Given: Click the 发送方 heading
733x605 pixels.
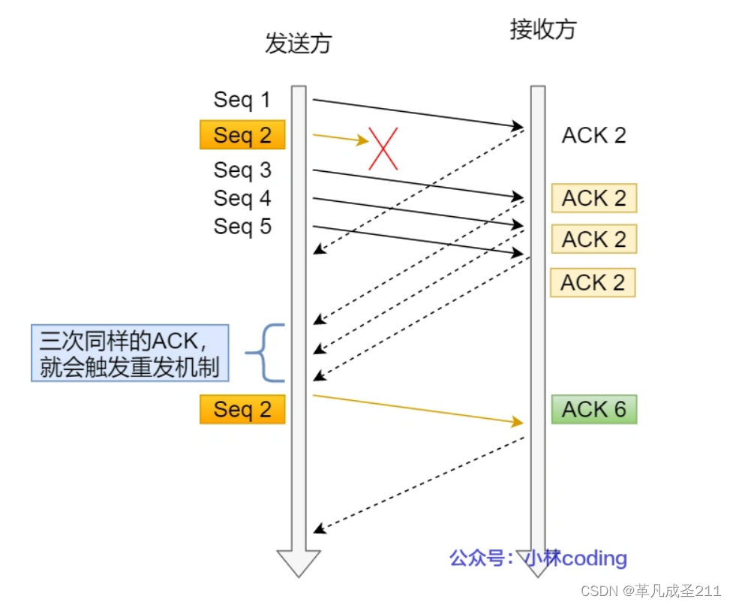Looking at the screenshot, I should click(298, 44).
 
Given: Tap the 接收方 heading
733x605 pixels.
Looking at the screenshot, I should click(543, 29).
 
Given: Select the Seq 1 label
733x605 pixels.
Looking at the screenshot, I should click(242, 100).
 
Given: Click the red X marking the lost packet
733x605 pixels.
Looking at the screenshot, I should click(383, 148).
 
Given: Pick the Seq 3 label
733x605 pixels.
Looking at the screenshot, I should click(242, 170).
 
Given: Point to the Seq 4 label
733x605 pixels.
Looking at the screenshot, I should click(242, 198).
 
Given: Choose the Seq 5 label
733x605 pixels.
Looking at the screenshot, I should click(242, 226).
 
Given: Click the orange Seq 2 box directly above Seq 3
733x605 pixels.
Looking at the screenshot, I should click(242, 135).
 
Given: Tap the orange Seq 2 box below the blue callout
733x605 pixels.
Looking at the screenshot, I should click(242, 410).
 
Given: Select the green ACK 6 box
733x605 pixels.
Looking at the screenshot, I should click(593, 409).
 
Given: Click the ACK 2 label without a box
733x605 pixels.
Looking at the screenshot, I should click(593, 135).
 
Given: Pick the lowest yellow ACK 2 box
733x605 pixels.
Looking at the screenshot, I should click(593, 283).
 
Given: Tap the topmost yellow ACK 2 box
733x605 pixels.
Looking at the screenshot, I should click(593, 198).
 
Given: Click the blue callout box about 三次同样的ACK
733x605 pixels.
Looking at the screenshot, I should click(130, 353).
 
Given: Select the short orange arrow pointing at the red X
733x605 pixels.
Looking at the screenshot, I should click(340, 138).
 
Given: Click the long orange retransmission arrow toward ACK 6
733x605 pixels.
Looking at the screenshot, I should click(417, 408).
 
